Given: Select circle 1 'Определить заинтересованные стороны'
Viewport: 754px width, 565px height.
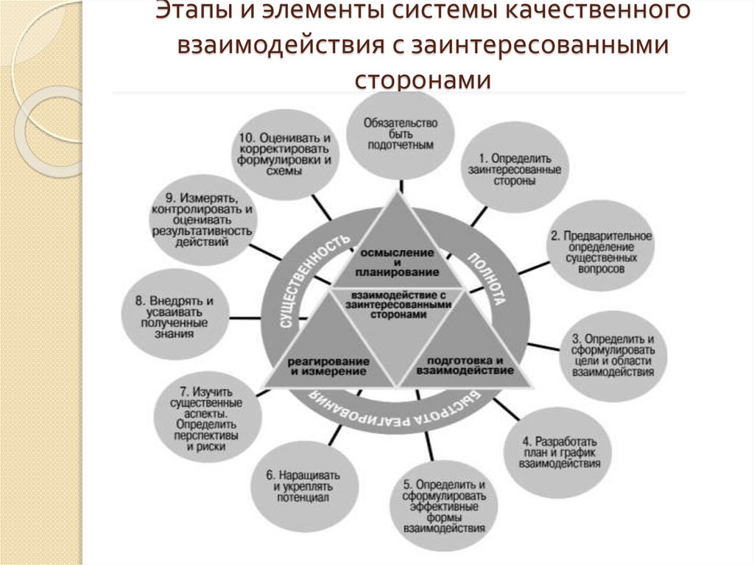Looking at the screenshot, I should coord(514,169).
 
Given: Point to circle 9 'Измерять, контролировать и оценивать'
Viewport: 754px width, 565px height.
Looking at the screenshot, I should coord(201,222).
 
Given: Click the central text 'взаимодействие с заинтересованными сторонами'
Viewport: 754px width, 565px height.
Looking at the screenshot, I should coord(396,303).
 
